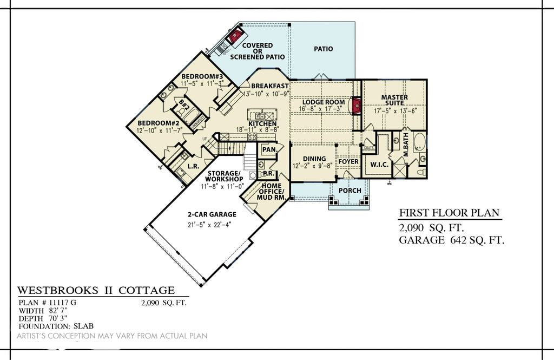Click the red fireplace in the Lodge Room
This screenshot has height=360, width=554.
[x=356, y=106]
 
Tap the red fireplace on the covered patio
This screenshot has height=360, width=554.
[x=234, y=37]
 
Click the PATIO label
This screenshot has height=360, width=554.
[x=324, y=49]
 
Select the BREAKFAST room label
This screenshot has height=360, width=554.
[x=269, y=86]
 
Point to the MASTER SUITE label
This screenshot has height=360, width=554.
[x=394, y=101]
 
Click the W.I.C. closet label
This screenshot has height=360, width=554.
[x=379, y=164]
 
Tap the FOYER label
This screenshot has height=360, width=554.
[x=348, y=162]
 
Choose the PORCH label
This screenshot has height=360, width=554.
[x=350, y=191]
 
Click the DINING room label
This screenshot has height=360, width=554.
[x=314, y=159]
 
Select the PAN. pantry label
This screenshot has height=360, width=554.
[x=269, y=149]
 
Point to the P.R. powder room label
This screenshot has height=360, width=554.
[x=268, y=174]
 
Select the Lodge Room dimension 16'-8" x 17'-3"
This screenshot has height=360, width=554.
[x=323, y=109]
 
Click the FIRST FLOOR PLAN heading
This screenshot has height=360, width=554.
[x=449, y=213]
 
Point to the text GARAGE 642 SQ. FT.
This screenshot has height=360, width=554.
[x=452, y=240]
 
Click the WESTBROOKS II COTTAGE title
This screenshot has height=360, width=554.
[x=96, y=291]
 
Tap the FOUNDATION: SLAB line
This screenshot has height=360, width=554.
[x=56, y=326]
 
